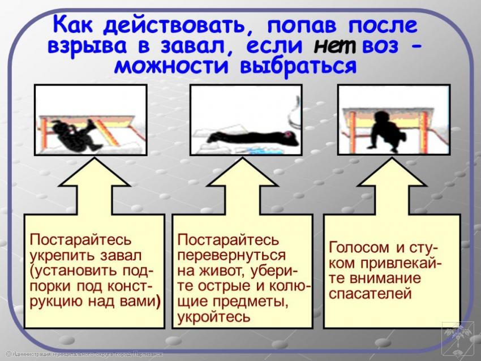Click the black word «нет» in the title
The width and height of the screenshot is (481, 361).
[x=334, y=46]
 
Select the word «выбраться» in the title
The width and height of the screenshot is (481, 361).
[x=298, y=67]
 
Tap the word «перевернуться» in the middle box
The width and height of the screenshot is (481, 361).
[x=231, y=256]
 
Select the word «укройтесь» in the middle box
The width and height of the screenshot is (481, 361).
[x=214, y=317]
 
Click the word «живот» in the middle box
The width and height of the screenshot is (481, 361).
[x=224, y=270]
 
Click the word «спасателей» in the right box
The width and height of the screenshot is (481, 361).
[x=370, y=294]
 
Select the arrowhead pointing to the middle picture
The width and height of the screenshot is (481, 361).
[x=243, y=173]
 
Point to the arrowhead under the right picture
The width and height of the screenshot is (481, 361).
[x=392, y=173]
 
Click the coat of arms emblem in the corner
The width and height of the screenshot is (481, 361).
[x=458, y=337]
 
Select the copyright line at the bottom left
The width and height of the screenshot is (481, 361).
[x=84, y=354]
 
